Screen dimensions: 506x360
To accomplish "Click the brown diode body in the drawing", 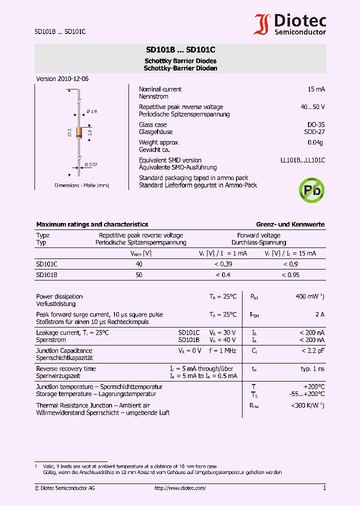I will pyautogui.click(x=79, y=132).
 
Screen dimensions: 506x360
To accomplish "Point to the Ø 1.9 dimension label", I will pyautogui.click(x=91, y=111).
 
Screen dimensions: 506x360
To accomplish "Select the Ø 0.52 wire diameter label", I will pyautogui.click(x=90, y=164).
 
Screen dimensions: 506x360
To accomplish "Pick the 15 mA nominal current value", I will pyautogui.click(x=316, y=89).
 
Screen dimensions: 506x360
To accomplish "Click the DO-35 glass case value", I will pyautogui.click(x=315, y=124).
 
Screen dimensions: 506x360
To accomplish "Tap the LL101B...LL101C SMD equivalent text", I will pyautogui.click(x=302, y=160).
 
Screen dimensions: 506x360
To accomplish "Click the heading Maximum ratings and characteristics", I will pyautogui.click(x=92, y=224).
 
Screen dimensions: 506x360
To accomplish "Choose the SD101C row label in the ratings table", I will pyautogui.click(x=46, y=264).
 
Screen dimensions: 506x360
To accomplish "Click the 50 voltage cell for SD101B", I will pyautogui.click(x=139, y=275).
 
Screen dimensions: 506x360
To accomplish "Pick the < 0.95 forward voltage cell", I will pyautogui.click(x=290, y=275).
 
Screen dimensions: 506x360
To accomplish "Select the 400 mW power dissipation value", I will pyautogui.click(x=309, y=296).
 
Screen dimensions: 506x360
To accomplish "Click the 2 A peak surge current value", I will pyautogui.click(x=319, y=314).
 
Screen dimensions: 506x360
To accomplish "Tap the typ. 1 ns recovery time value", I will pyautogui.click(x=312, y=368).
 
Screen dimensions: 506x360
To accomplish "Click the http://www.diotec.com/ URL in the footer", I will pyautogui.click(x=180, y=488).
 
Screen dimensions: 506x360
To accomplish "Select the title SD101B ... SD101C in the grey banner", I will pyautogui.click(x=180, y=50).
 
